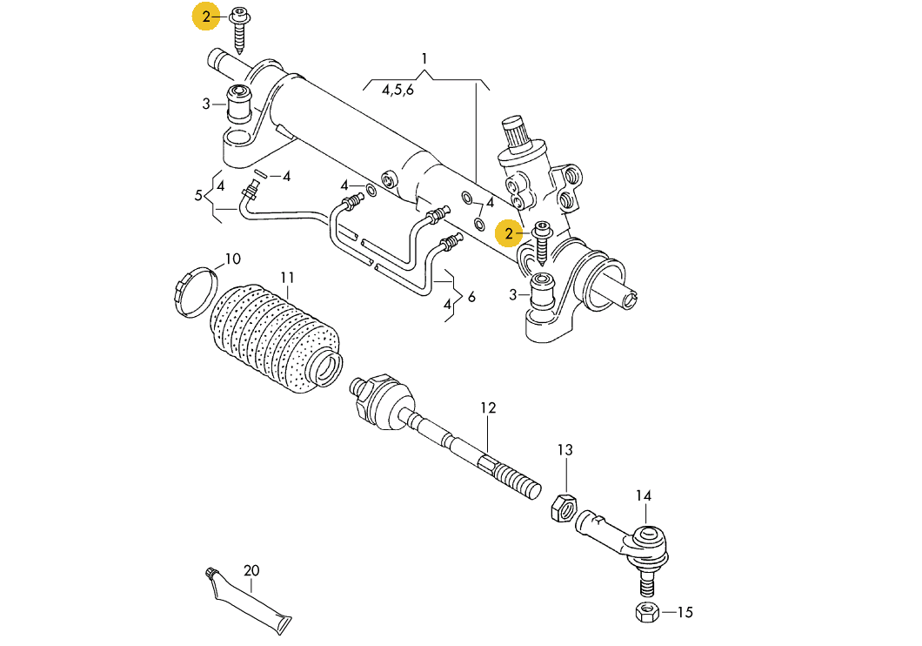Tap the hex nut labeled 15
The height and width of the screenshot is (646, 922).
point(646,612)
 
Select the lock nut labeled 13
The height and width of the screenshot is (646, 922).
point(563,508)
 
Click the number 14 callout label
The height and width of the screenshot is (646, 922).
point(644,496)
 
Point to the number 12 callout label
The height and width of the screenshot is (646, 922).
point(488,407)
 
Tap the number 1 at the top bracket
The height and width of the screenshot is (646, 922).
point(424,59)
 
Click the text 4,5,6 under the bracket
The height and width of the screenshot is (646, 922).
point(398,90)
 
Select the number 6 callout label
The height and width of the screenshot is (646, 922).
point(471,297)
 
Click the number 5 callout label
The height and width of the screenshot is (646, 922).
point(198,195)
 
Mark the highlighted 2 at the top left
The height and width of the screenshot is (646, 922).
point(206,17)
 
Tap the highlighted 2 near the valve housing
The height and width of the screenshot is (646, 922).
point(509,233)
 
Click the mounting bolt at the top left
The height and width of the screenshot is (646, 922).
point(239,30)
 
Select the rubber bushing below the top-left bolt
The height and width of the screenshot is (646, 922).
point(239,104)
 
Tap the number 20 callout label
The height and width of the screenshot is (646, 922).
point(251,571)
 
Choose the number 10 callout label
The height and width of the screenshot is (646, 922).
point(233,259)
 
